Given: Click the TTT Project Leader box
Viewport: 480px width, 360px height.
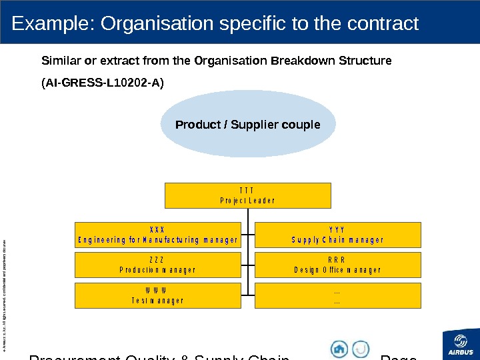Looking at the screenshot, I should point(247,195).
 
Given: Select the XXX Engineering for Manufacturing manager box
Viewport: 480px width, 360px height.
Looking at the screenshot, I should point(158,235).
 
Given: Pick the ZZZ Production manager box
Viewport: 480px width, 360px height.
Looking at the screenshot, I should point(158,265).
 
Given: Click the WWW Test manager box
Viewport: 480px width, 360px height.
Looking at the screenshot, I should point(158,295).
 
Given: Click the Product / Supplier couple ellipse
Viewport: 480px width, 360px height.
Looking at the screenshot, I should point(247,125).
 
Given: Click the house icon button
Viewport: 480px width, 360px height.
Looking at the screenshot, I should point(339,349).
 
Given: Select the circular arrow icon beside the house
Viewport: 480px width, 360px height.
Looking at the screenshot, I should point(361,349).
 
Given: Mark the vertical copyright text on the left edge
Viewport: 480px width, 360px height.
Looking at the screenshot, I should point(6,287).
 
